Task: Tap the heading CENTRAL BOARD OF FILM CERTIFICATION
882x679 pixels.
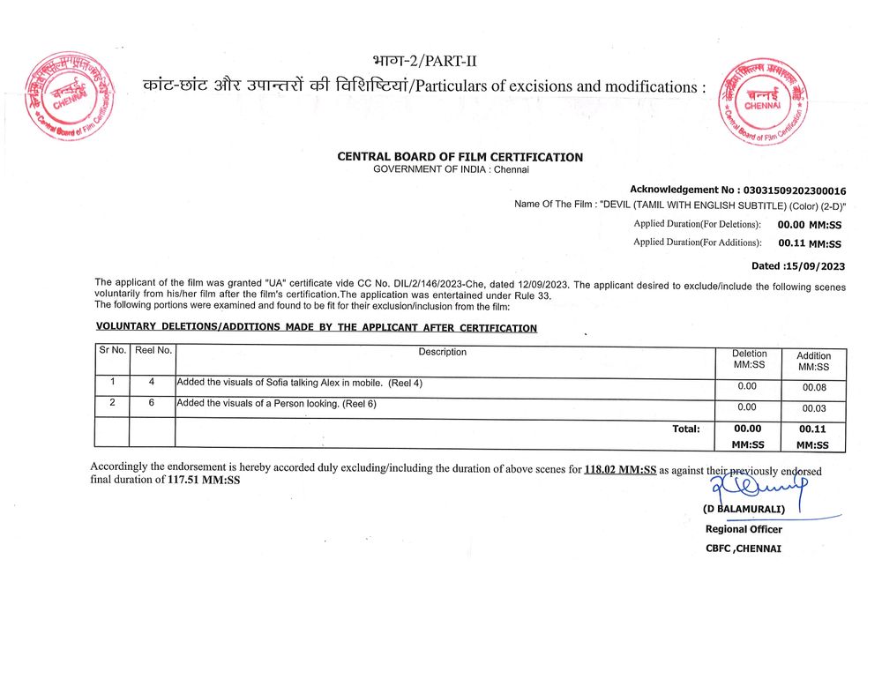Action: [460, 157]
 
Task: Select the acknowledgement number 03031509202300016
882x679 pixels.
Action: [795, 190]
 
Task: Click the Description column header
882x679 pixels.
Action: [443, 352]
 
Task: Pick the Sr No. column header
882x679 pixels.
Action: [112, 351]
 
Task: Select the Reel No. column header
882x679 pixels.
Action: [153, 351]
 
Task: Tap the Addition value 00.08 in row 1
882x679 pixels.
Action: [813, 387]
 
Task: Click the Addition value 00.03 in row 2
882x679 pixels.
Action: [813, 408]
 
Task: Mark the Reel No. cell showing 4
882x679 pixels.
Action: [152, 382]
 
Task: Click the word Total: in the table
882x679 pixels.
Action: [685, 429]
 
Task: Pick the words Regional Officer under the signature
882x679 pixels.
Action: [744, 529]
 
